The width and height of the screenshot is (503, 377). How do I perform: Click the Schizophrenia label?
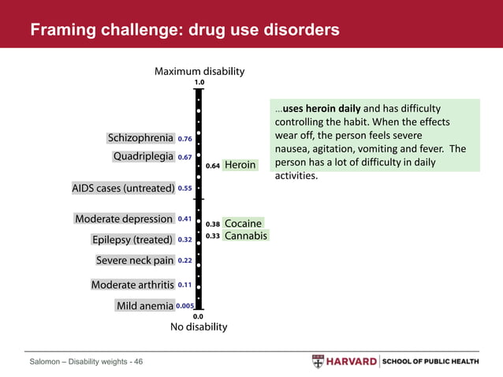140,139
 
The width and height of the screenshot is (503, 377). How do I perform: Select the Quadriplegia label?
143,157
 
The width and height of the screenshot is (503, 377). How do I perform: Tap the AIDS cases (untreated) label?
123,188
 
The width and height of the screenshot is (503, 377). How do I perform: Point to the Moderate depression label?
124,218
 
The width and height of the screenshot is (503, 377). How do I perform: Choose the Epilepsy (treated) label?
132,240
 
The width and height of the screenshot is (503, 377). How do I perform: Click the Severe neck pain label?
134,260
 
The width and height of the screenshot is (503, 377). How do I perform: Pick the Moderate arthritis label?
132,285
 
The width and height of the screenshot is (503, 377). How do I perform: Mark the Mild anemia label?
144,306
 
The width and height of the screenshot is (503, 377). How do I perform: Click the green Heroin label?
240,166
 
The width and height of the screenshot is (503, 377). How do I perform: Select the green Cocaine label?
242,224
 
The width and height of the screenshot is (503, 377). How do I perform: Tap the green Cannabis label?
245,236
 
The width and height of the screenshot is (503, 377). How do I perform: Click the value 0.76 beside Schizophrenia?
185,139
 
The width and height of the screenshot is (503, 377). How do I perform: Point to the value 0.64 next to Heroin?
212,166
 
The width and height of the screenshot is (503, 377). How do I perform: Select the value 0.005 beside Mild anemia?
185,306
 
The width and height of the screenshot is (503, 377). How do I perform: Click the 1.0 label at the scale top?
199,82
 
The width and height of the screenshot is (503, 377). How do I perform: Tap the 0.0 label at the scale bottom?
199,315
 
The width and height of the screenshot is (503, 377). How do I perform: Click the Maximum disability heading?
199,71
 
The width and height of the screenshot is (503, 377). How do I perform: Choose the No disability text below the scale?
199,327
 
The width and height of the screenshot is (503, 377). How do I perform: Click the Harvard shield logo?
317,361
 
